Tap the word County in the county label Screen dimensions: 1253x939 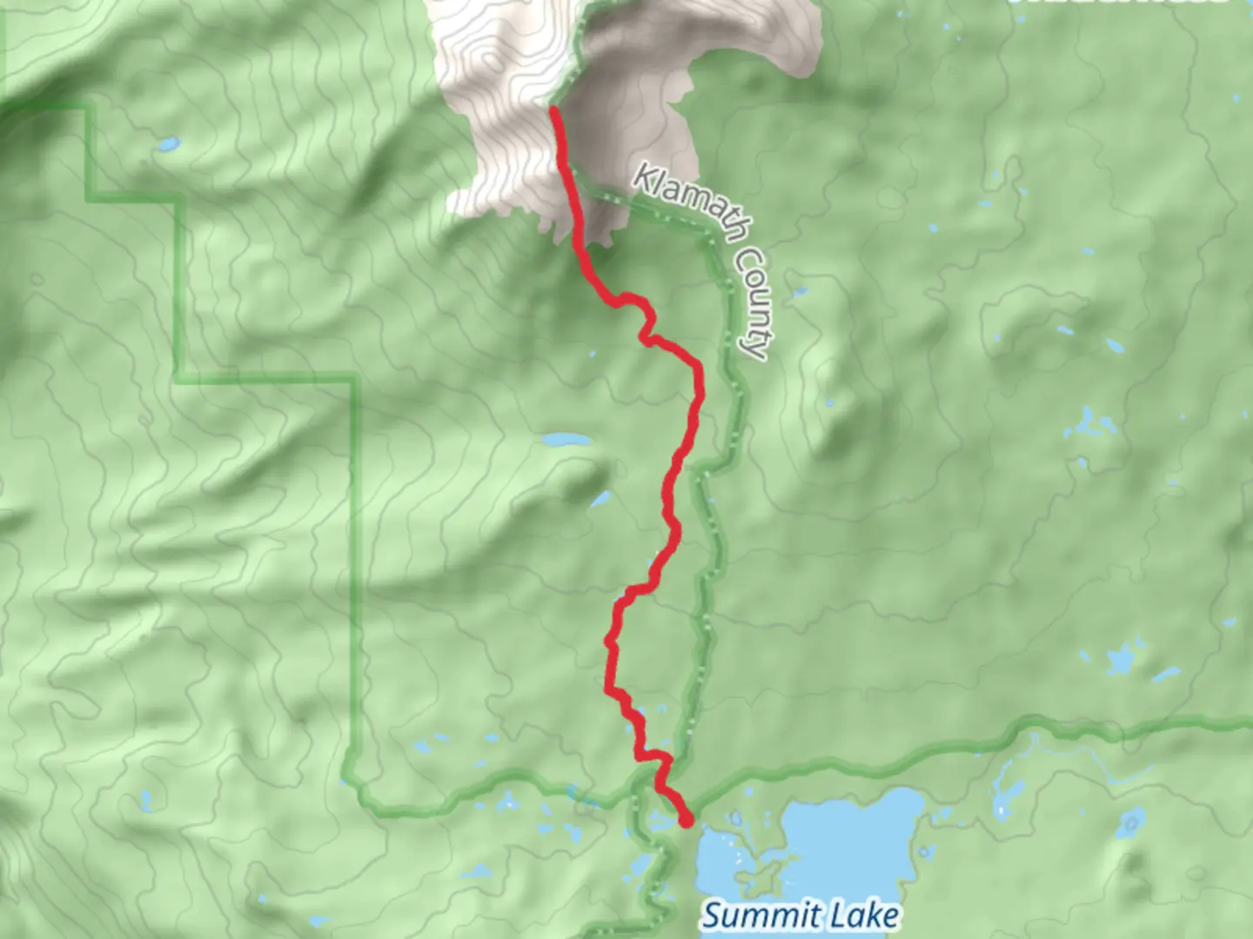point(750,301)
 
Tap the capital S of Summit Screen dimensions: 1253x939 point(711,916)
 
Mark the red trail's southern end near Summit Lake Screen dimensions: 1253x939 point(686,820)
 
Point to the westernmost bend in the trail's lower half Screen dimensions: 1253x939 point(607,643)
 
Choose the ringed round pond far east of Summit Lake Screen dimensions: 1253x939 point(1133,821)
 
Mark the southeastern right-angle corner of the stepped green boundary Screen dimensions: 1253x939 point(353,377)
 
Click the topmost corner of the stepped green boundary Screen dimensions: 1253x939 point(87,106)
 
